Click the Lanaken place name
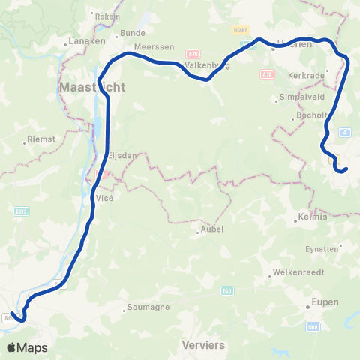tap(86, 41)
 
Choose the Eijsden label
tap(121, 155)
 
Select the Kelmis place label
tap(313, 217)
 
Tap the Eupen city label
tap(325, 301)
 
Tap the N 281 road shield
tap(240, 29)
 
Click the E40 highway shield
tap(227, 290)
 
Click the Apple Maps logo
tap(27, 347)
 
